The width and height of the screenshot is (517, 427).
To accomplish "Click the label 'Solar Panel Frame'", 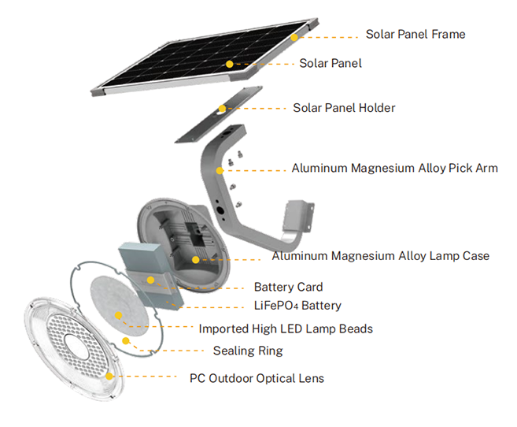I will click(415, 35).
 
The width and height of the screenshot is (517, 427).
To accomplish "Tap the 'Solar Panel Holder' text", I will click(344, 108).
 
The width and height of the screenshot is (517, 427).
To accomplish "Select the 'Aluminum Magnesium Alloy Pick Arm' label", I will click(394, 168).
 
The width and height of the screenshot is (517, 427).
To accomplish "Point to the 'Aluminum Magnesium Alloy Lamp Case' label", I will click(380, 256).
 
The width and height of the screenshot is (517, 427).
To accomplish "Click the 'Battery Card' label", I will click(288, 288).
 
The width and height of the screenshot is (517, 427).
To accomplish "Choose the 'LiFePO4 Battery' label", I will click(297, 306).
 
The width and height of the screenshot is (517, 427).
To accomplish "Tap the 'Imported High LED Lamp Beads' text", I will click(286, 329).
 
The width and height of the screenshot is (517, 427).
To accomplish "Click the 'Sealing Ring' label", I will click(247, 351).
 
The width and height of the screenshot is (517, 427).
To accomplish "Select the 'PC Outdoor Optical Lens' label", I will click(257, 378).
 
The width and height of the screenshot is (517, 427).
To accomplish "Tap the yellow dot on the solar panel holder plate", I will click(223, 109).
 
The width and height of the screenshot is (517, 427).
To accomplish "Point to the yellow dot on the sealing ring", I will click(125, 340).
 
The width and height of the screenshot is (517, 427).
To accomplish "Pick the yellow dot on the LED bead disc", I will click(119, 315).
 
